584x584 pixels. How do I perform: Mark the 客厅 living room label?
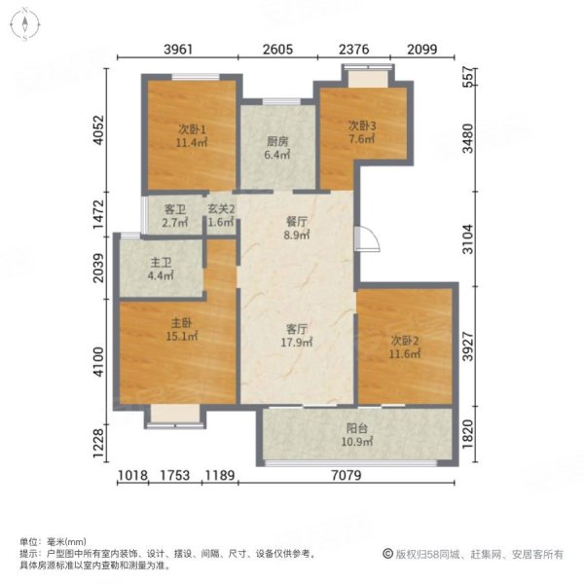297,335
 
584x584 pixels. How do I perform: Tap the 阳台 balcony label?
356,437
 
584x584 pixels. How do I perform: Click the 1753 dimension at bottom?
173,476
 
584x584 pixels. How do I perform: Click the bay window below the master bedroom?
173,418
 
